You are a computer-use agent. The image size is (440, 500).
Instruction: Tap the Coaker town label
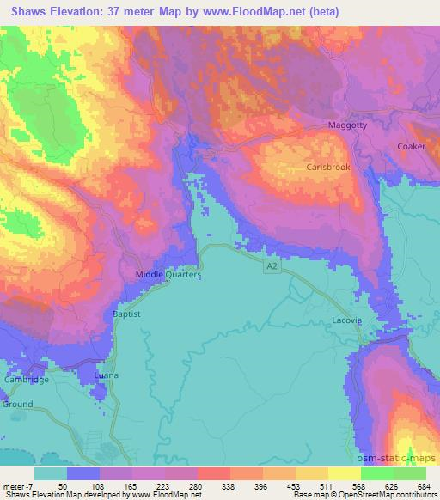(412, 147)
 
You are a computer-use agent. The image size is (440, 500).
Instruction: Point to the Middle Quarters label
(168, 275)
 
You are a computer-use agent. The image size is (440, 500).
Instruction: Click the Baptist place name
(126, 315)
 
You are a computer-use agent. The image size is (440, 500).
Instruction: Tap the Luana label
(107, 376)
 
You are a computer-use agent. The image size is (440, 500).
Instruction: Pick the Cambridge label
(24, 380)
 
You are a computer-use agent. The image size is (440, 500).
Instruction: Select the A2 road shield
(272, 268)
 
